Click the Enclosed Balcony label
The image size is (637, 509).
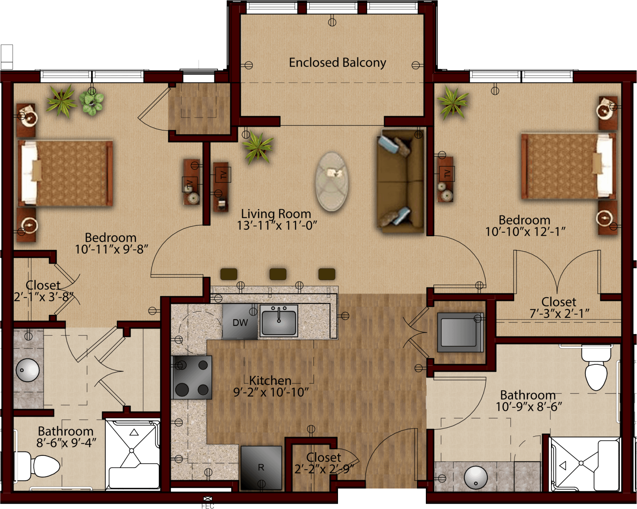338,63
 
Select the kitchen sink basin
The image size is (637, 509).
279,321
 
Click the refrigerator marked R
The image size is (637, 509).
261,468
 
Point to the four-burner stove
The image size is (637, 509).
192,377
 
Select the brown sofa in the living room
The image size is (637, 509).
401,181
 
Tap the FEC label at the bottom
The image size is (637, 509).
208,506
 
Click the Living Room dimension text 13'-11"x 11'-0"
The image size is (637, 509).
277,225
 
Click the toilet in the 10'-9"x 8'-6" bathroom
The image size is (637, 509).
596,368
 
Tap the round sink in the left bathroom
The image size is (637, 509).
28,370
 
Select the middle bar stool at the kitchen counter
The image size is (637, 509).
278,274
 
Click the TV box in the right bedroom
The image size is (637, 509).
447,173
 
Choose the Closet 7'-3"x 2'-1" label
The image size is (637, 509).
559,308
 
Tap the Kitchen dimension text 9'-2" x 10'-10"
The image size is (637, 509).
271,392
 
